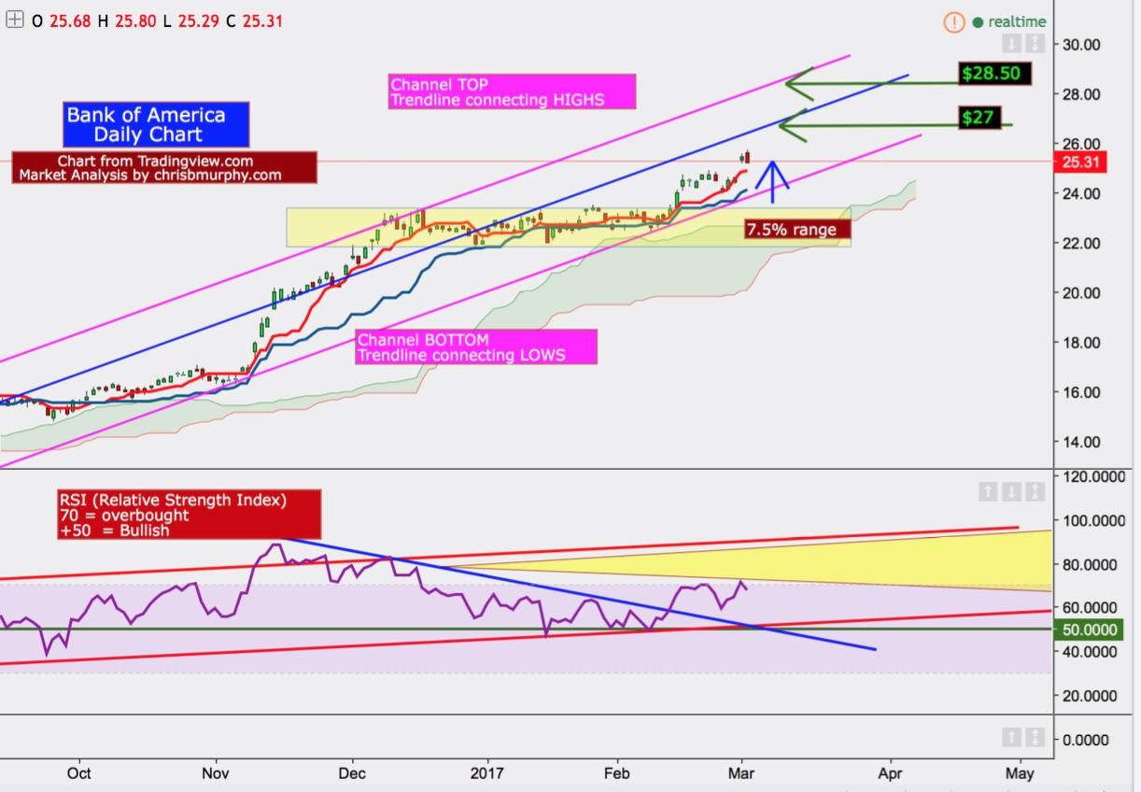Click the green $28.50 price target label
click(995, 73)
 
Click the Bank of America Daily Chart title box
click(146, 124)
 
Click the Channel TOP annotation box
click(512, 92)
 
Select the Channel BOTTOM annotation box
click(476, 346)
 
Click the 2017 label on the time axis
click(486, 773)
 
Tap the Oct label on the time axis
click(79, 773)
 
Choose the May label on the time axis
click(1021, 773)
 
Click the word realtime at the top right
click(1017, 21)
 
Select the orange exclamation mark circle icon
click(953, 21)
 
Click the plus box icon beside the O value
click(14, 20)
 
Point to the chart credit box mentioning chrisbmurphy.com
click(164, 168)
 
